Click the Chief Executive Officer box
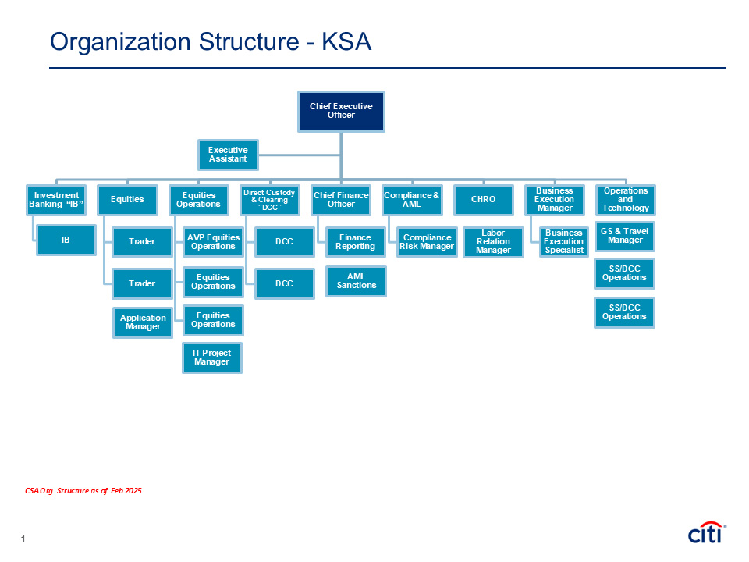(341, 112)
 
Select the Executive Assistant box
(228, 155)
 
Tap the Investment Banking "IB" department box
(56, 200)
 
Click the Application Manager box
(143, 322)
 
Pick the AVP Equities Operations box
(213, 242)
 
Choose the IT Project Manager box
(212, 357)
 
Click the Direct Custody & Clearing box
(270, 200)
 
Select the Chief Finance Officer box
(341, 200)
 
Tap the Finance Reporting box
(356, 242)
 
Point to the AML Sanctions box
(356, 282)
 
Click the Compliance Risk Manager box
(427, 242)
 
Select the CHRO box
(484, 200)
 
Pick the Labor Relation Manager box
(493, 242)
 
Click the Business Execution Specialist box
(563, 242)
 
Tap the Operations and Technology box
(626, 200)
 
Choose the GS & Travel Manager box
(624, 236)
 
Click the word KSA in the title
(346, 41)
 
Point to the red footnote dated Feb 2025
(83, 491)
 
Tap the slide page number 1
(23, 539)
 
